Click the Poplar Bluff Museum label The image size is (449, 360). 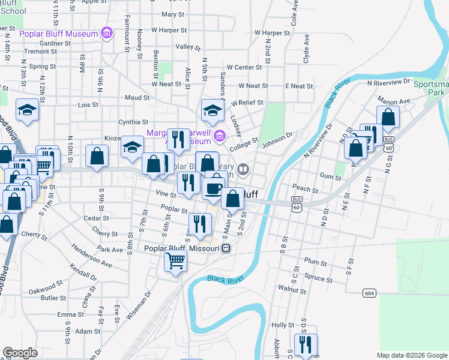[58, 34]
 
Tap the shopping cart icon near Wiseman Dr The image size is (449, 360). [175, 261]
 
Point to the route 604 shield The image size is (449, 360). [369, 293]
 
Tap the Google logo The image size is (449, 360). [20, 353]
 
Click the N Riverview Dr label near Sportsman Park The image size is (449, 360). [388, 81]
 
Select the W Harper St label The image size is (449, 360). [170, 29]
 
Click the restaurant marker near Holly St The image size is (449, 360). [306, 344]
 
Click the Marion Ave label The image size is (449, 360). [394, 100]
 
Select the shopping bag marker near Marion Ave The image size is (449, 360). [388, 118]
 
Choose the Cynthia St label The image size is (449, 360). [133, 122]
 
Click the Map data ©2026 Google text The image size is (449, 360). [412, 355]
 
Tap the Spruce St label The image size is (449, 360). [318, 279]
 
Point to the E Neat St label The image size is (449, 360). [299, 86]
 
